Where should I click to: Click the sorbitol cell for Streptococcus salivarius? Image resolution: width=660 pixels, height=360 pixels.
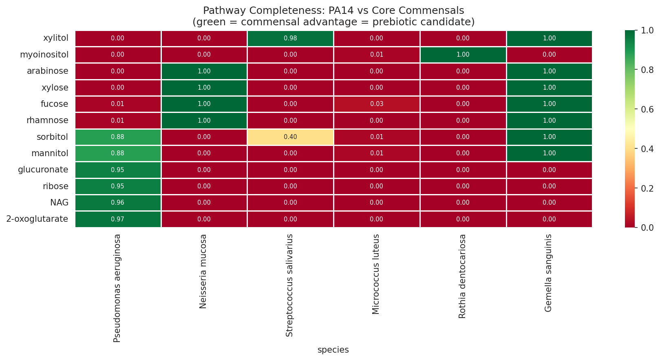290,137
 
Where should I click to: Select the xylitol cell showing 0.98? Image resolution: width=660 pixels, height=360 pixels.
290,38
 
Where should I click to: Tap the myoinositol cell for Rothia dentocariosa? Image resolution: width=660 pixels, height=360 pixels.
463,55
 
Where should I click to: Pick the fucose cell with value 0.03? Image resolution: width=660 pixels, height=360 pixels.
376,104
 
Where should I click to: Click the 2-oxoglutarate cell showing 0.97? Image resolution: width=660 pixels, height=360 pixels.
118,219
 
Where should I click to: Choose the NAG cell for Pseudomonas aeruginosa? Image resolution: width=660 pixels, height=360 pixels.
118,203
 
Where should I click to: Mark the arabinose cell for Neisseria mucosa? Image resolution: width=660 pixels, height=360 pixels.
204,71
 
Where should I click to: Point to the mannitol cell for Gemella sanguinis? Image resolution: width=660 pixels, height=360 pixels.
549,153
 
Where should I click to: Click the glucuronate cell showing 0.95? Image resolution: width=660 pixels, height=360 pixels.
118,170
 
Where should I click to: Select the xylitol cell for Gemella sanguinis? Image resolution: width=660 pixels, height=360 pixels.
549,38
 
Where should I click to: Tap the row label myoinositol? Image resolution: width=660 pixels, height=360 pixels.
44,55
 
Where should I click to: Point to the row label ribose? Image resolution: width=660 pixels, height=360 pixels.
55,186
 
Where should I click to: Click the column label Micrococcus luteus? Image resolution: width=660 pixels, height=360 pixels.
376,274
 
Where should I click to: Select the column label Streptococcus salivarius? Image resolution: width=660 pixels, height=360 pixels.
289,285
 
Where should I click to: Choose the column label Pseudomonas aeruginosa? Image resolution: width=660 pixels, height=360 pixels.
117,288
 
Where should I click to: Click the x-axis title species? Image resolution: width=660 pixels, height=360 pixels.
333,350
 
